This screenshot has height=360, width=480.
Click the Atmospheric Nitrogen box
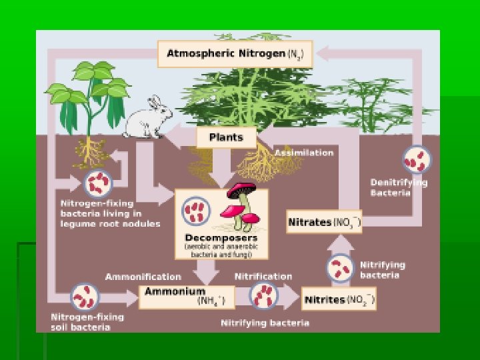pos(234,53)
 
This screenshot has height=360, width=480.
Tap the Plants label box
pos(226,138)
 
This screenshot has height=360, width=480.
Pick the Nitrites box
pos(339,299)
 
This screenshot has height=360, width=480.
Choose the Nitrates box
pos(324,221)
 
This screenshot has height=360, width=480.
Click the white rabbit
pos(147,119)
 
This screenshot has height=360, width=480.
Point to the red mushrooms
pos(241,204)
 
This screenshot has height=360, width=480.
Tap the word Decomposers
pos(221,237)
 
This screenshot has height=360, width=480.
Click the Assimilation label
pos(304,153)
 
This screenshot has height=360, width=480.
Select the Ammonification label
pos(143,276)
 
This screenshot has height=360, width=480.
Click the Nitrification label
pos(263,276)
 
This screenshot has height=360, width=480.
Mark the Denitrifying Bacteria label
pos(399,187)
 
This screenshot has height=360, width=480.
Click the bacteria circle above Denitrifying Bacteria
pos(417,160)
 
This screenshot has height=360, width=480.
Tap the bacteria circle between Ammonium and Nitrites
pos(264,295)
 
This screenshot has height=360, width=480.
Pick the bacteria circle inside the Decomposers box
pos(197,210)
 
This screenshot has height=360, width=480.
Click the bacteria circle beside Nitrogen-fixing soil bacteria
pos(85,297)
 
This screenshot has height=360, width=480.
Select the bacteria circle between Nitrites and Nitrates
pos(340,268)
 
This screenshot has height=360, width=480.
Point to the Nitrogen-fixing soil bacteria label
pos(81,322)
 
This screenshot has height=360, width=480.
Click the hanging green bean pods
pos(107,107)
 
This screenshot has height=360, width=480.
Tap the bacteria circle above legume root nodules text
pos(99,181)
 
